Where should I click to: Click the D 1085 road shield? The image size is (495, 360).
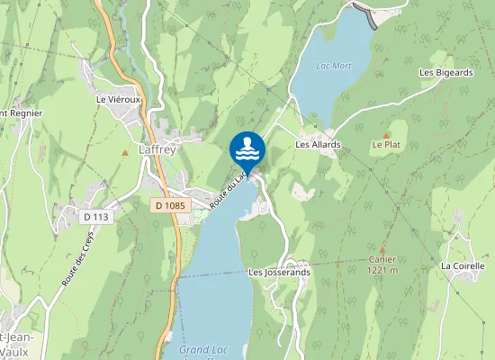pyautogui.click(x=168, y=206)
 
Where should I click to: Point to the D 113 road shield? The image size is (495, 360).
pyautogui.click(x=94, y=216)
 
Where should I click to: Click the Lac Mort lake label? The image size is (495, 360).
pyautogui.click(x=333, y=66)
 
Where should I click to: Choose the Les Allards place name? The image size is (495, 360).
pyautogui.click(x=316, y=143)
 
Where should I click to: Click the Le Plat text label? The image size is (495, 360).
pyautogui.click(x=385, y=144)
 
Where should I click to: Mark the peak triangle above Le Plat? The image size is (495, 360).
pyautogui.click(x=385, y=134)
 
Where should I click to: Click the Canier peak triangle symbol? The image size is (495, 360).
pyautogui.click(x=382, y=249)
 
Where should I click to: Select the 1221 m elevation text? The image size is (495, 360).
pyautogui.click(x=382, y=269)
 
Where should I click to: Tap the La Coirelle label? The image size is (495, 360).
pyautogui.click(x=463, y=266)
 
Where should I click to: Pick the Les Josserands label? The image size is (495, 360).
pyautogui.click(x=279, y=272)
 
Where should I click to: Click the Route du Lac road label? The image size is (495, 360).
pyautogui.click(x=229, y=190)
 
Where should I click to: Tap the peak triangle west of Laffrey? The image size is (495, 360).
pyautogui.click(x=125, y=152)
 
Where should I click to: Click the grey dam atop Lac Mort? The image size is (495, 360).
pyautogui.click(x=364, y=13)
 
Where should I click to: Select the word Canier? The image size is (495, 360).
pyautogui.click(x=382, y=259)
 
